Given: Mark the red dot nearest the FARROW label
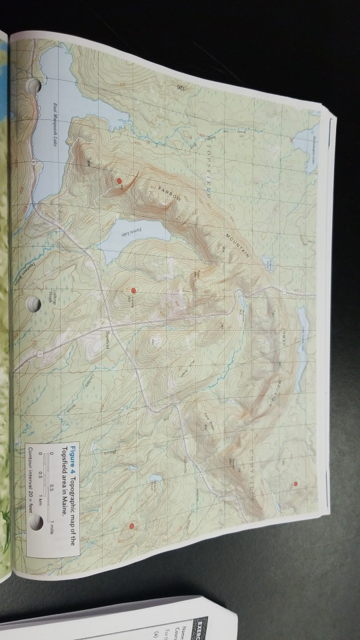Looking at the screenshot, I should point(119,181).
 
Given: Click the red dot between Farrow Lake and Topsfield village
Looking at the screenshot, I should point(133,291).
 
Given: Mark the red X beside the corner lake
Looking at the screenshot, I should point(291,142).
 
